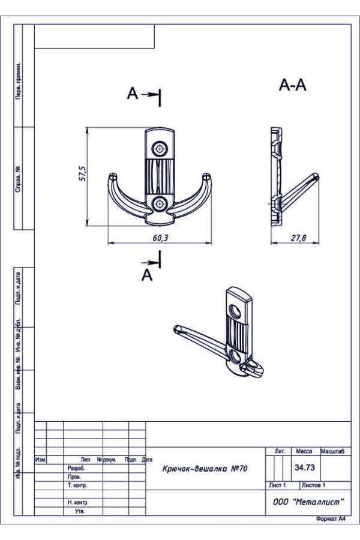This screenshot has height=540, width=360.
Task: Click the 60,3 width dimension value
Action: click(160, 238)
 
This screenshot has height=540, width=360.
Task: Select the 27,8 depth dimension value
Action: click(298, 238)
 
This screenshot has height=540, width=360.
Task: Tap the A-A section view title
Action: click(292, 85)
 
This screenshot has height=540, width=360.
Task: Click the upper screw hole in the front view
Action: click(160, 149)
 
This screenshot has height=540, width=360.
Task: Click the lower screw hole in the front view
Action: click(160, 203)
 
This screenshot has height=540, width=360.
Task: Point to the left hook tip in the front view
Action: click(112, 176)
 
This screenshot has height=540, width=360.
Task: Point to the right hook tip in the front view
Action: click(206, 176)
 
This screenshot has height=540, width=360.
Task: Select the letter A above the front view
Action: click(132, 94)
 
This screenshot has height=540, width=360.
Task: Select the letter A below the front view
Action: click(147, 275)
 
